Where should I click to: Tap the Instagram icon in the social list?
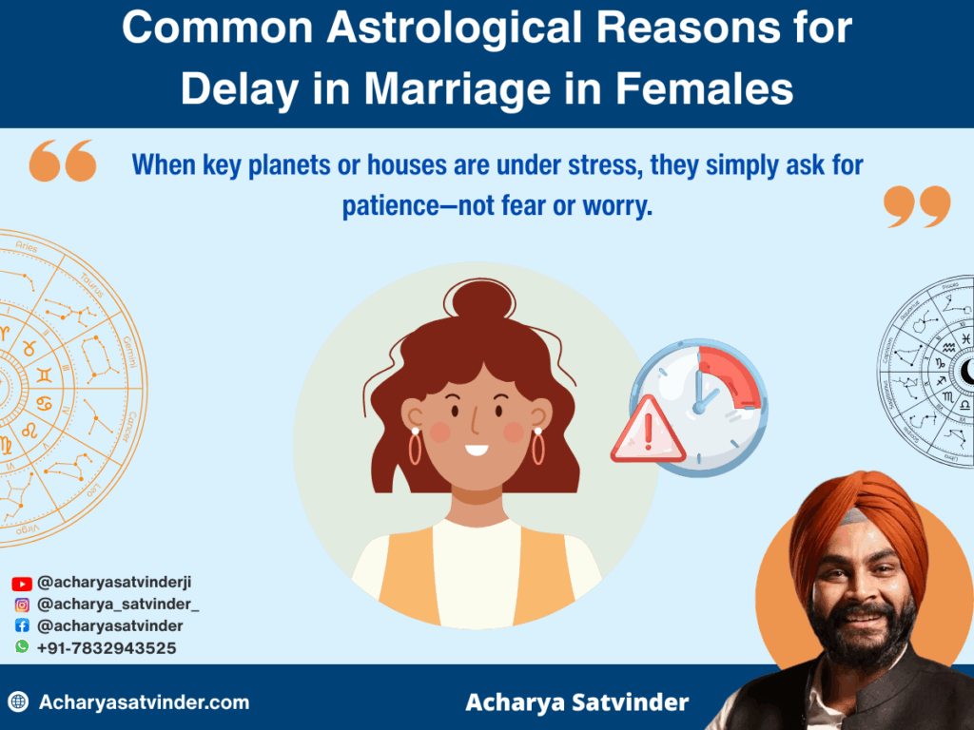(22, 605)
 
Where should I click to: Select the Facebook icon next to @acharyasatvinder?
(22, 625)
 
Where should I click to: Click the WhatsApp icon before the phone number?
(22, 646)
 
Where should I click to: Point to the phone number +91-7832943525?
(106, 647)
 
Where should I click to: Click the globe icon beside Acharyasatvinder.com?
(18, 703)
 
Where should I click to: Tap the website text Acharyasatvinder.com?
(144, 703)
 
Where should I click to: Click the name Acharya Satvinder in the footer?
(576, 703)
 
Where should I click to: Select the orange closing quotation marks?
(916, 206)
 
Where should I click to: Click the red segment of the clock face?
(731, 375)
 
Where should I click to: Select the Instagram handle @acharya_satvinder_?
(118, 605)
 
